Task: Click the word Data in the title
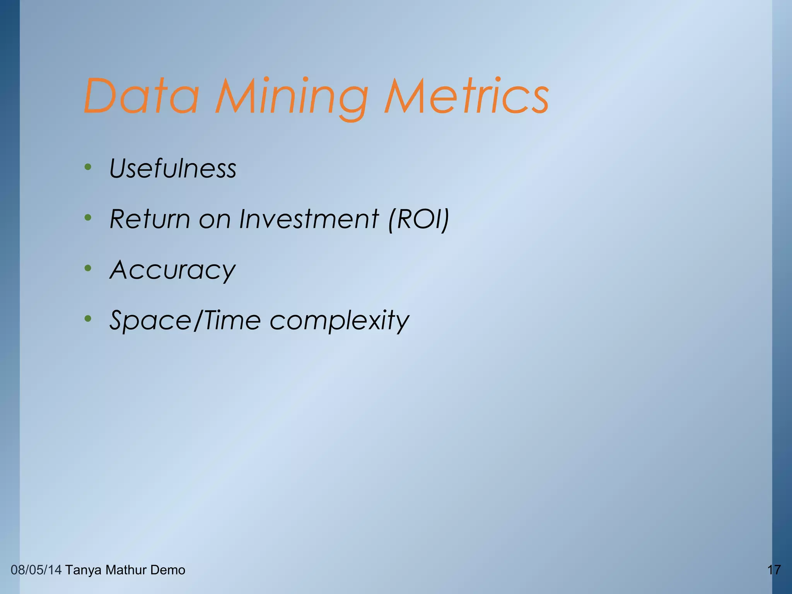tap(141, 96)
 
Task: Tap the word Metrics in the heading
tap(466, 96)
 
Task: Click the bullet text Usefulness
tap(172, 169)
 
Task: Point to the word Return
tap(150, 219)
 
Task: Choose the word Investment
tap(309, 219)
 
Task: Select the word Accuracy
tap(172, 270)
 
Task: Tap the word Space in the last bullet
tap(150, 321)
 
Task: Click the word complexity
tap(339, 321)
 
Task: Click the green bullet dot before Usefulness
tap(88, 167)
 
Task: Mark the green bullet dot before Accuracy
tap(88, 268)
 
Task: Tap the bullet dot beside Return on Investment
tap(88, 218)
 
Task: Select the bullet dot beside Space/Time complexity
tap(88, 319)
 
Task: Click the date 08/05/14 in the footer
tap(36, 570)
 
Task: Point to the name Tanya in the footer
tap(83, 570)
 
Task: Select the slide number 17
tap(774, 570)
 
